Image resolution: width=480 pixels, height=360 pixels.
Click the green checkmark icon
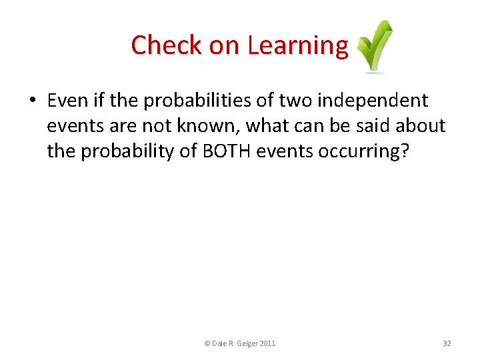coord(375,46)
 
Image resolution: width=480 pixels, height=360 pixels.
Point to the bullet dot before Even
coord(32,101)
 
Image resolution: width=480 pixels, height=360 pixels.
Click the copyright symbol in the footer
coord(207,343)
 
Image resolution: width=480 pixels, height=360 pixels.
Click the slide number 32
coord(447,343)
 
